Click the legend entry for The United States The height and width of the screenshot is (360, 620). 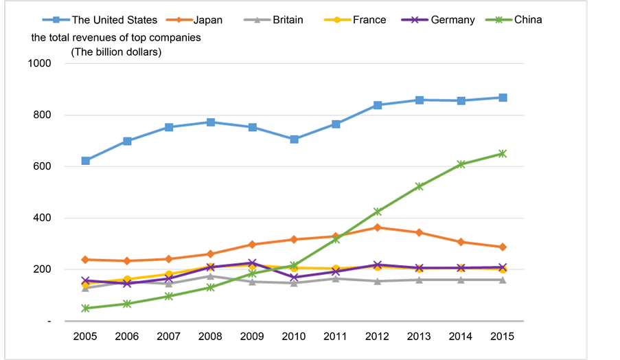pos(115,20)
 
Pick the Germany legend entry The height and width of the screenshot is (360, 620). pos(452,20)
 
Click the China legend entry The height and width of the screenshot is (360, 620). pos(528,20)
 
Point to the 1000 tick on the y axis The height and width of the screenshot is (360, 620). pos(39,64)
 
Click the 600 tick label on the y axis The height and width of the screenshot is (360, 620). pos(42,167)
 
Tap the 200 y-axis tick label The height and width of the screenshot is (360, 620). pos(42,270)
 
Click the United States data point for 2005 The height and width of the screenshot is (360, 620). pos(85,161)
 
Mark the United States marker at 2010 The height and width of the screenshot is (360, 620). pos(295,139)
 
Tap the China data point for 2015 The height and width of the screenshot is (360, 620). pos(503,153)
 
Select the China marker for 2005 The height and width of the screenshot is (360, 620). pos(85,308)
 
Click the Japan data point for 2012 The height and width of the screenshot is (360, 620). pos(378,227)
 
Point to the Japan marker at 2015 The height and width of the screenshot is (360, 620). pos(503,247)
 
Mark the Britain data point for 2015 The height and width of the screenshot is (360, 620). pos(503,280)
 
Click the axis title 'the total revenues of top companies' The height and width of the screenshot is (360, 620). pos(115,37)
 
